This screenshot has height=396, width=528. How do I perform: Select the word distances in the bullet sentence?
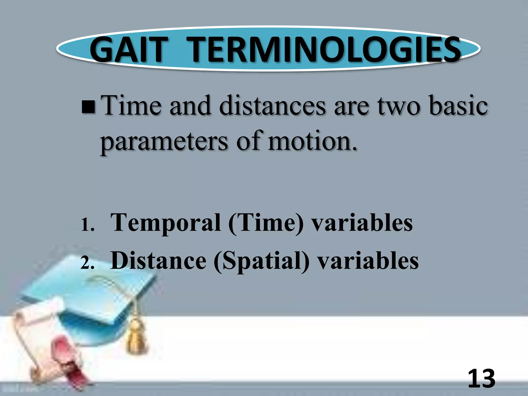(273, 106)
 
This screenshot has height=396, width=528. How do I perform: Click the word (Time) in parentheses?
(266, 223)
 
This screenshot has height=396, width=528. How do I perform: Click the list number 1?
(87, 225)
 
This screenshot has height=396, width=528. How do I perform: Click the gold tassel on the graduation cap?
(136, 335)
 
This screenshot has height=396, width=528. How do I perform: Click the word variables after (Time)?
(362, 223)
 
